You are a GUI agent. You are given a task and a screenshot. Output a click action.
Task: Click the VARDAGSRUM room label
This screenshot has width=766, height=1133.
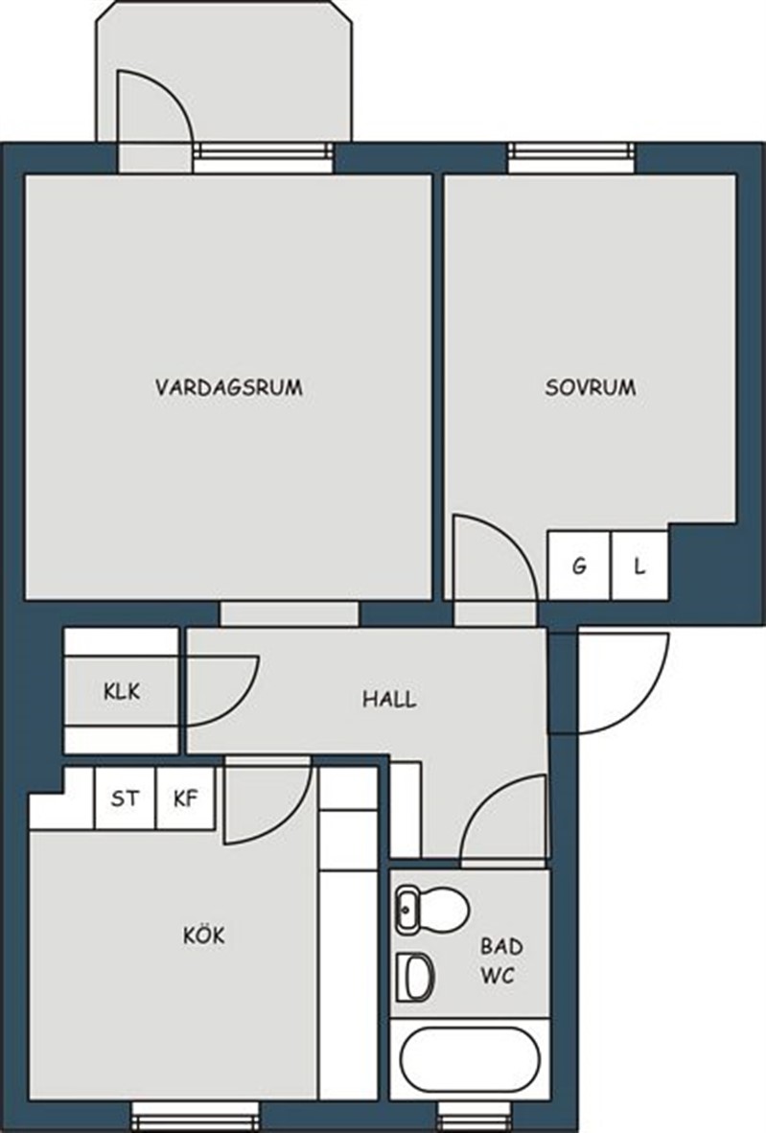(228, 387)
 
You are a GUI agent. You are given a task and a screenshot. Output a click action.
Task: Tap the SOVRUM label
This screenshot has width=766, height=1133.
(591, 387)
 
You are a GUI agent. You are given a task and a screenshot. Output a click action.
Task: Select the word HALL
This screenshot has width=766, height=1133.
(389, 700)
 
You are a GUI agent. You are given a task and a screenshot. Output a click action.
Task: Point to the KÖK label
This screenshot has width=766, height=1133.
(204, 935)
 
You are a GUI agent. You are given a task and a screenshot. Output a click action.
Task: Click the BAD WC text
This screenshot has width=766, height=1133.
(500, 961)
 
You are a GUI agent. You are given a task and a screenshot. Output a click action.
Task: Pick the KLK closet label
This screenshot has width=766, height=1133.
(122, 691)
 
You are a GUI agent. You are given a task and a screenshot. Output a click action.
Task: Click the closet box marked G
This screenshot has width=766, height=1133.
(579, 565)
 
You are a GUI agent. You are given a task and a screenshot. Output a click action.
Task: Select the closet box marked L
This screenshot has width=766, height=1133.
(639, 565)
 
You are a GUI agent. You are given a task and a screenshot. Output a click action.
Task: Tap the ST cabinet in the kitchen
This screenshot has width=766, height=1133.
(125, 798)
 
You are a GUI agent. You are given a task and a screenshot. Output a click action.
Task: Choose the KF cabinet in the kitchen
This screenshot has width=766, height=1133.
(186, 798)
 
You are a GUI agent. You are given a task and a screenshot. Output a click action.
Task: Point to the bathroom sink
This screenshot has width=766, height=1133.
(415, 977)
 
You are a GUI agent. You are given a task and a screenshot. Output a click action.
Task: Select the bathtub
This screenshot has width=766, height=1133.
(471, 1059)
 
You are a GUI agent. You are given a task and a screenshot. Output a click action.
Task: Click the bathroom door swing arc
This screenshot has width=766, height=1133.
(483, 798)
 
